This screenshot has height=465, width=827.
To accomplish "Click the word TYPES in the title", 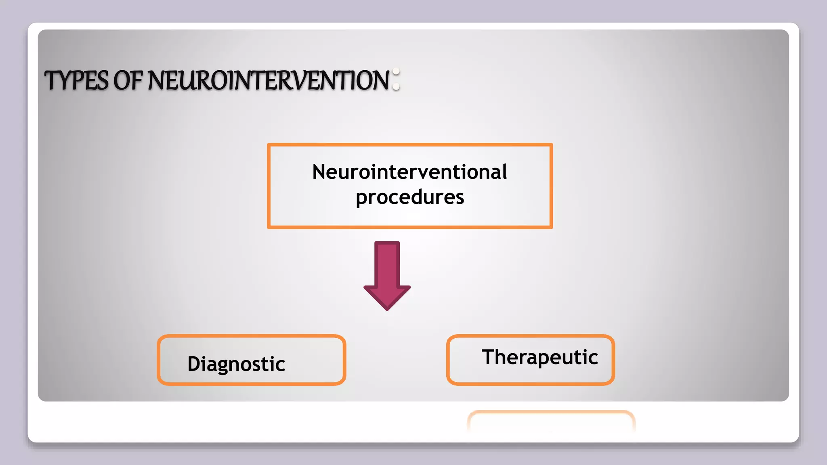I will pyautogui.click(x=76, y=80).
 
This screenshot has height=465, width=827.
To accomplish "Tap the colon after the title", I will pyautogui.click(x=396, y=79).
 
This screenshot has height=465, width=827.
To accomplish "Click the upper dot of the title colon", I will pyautogui.click(x=396, y=72).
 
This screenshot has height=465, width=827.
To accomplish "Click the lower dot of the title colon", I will pyautogui.click(x=396, y=86).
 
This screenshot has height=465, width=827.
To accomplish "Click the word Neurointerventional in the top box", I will pyautogui.click(x=409, y=172).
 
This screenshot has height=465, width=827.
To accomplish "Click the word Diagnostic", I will pyautogui.click(x=236, y=364).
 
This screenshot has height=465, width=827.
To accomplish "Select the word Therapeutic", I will pyautogui.click(x=539, y=357).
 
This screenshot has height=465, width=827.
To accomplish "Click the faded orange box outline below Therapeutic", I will pyautogui.click(x=551, y=413).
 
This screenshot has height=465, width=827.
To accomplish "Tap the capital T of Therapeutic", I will pyautogui.click(x=489, y=357).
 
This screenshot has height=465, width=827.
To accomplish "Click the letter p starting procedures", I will pyautogui.click(x=361, y=199).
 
